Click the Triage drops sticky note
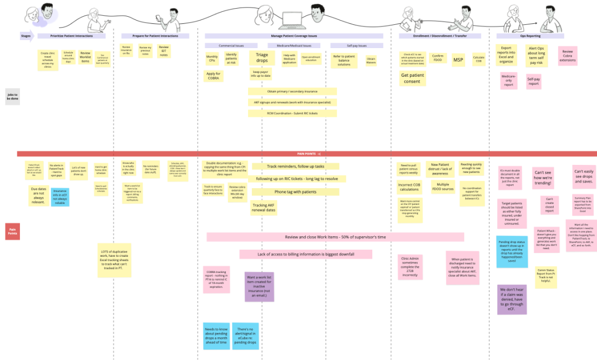(261, 58)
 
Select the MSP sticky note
(458, 60)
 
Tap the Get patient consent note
(412, 78)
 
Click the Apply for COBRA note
(213, 76)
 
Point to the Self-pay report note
(533, 82)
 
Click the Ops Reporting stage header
(530, 36)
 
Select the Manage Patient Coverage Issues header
(294, 36)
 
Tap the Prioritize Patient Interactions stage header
(73, 36)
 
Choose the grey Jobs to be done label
(12, 96)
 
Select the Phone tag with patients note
(295, 191)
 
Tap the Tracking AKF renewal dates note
(264, 207)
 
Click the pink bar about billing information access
(306, 254)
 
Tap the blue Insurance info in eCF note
(59, 197)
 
